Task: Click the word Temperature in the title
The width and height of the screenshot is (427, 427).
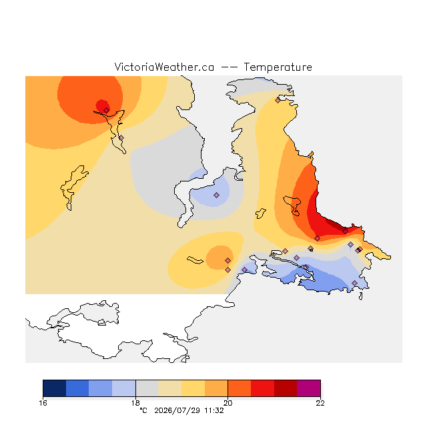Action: coord(278,67)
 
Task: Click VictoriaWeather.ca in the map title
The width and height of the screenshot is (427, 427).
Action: coord(164,67)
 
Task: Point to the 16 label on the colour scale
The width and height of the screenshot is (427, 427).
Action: coord(43,403)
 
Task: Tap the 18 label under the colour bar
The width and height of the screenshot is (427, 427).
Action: coord(135,403)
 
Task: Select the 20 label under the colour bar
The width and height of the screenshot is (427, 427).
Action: coord(228,403)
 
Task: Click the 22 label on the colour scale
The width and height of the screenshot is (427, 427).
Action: coord(320,403)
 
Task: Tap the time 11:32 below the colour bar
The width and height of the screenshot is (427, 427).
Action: coord(214,411)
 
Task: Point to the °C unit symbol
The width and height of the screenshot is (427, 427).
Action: coord(143,410)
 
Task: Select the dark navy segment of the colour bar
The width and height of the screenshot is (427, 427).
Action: coord(55,388)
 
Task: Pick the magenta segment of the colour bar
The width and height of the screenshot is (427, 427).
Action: coord(308,388)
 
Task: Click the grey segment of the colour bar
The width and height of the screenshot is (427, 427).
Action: coord(147,388)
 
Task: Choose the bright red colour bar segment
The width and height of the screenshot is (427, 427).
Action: coord(262,388)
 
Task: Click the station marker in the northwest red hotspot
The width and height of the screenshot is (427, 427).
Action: coord(107,110)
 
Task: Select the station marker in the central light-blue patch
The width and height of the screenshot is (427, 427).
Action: coord(216,195)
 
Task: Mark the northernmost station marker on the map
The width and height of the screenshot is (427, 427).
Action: coord(278,101)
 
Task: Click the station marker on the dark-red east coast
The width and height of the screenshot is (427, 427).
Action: coord(346,232)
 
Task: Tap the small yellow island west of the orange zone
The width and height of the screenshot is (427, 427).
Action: coord(261,213)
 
